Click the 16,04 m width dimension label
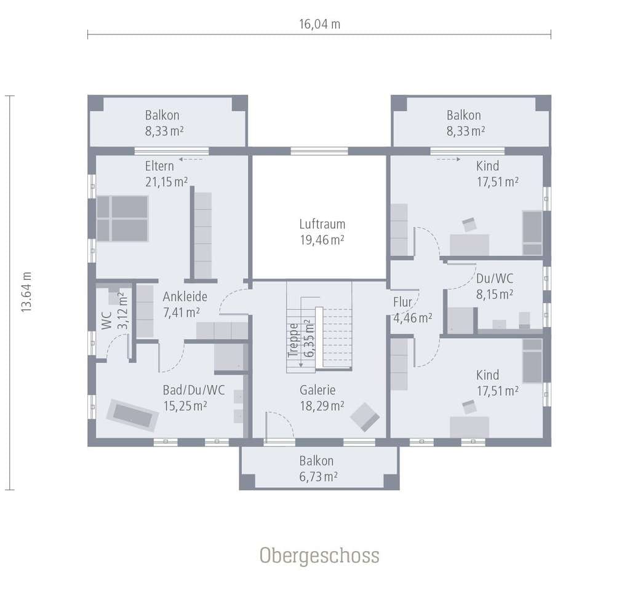pyautogui.click(x=319, y=24)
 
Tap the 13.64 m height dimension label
pyautogui.click(x=26, y=292)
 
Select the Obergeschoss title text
pyautogui.click(x=319, y=555)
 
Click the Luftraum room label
pyautogui.click(x=322, y=224)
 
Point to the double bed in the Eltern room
pyautogui.click(x=122, y=218)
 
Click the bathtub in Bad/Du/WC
pyautogui.click(x=133, y=415)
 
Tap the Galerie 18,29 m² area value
pyautogui.click(x=322, y=406)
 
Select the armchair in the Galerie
pyautogui.click(x=364, y=417)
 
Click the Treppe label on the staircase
pyautogui.click(x=293, y=340)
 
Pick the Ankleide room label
pyautogui.click(x=185, y=297)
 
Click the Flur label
pyautogui.click(x=402, y=302)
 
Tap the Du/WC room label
pyautogui.click(x=495, y=279)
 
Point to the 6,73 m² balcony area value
pyautogui.click(x=318, y=477)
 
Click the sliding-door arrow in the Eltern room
pyautogui.click(x=191, y=159)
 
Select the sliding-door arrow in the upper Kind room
pyautogui.click(x=449, y=159)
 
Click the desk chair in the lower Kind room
pyautogui.click(x=469, y=407)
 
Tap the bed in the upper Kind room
pyautogui.click(x=532, y=232)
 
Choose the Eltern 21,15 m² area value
pyautogui.click(x=166, y=182)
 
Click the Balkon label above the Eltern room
pyautogui.click(x=162, y=115)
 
